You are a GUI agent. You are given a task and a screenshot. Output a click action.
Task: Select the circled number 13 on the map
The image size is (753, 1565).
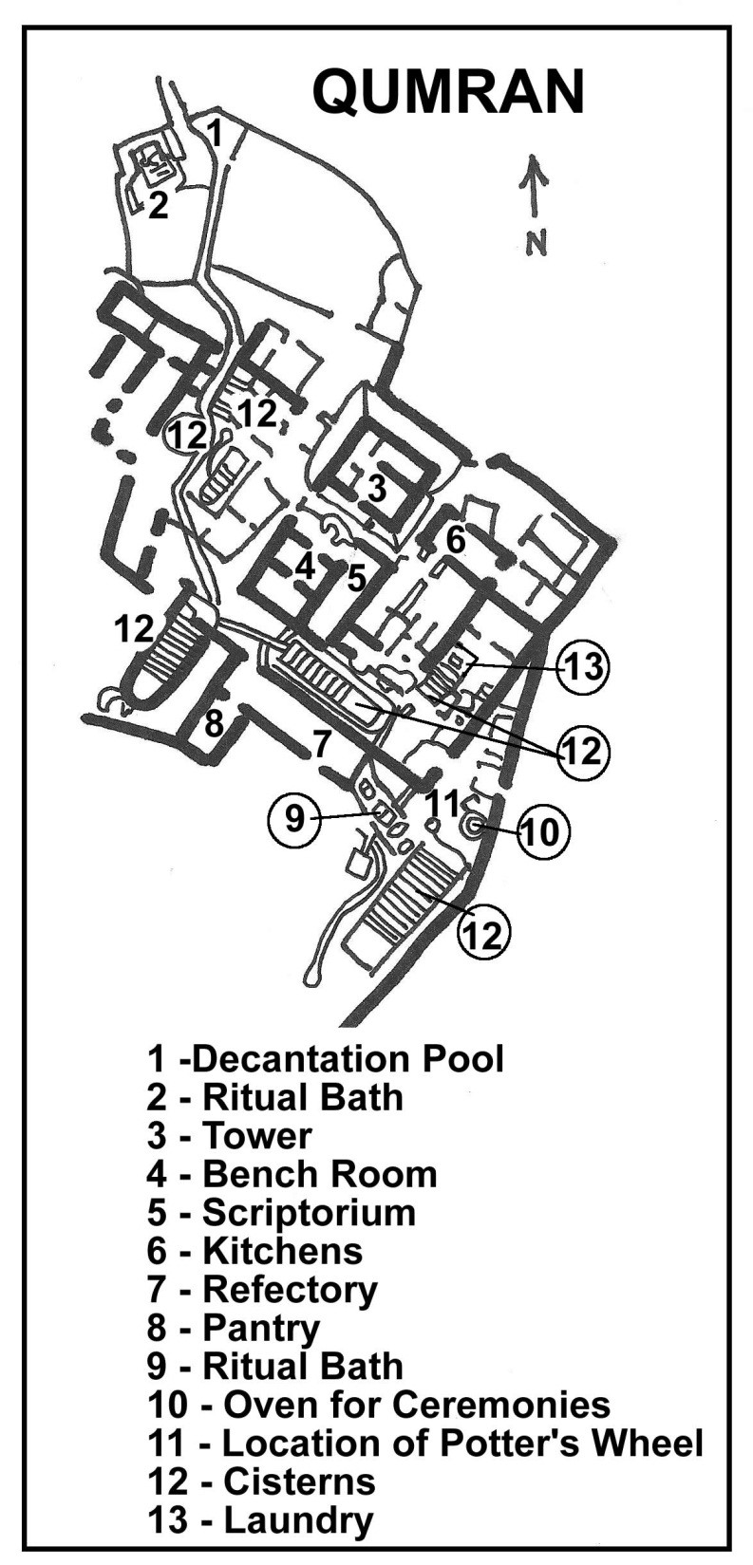click(585, 667)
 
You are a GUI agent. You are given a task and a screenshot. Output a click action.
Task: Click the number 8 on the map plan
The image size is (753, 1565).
click(214, 724)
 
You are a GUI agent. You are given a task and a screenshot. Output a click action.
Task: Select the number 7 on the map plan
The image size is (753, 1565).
click(321, 745)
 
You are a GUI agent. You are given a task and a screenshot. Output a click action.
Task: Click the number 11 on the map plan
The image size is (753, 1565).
click(443, 804)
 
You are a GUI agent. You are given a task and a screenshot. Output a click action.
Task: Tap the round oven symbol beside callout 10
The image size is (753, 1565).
click(473, 827)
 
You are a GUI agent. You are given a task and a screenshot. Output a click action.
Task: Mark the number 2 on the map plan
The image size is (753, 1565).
click(158, 205)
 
